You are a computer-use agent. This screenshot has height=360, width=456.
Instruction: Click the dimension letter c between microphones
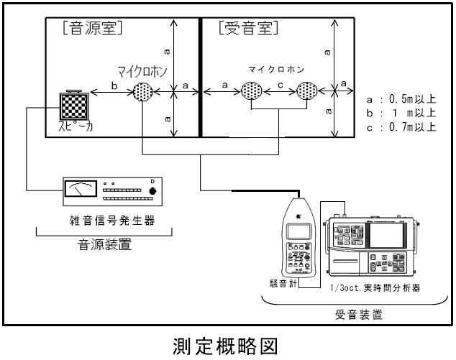click(x=281, y=86)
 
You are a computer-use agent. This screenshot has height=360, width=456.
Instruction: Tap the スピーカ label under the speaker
click(x=73, y=130)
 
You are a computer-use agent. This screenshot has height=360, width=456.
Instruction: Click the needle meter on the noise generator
click(x=78, y=189)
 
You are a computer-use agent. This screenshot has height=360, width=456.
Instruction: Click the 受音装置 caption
click(x=358, y=314)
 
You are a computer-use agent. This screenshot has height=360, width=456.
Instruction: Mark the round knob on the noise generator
click(x=152, y=190)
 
